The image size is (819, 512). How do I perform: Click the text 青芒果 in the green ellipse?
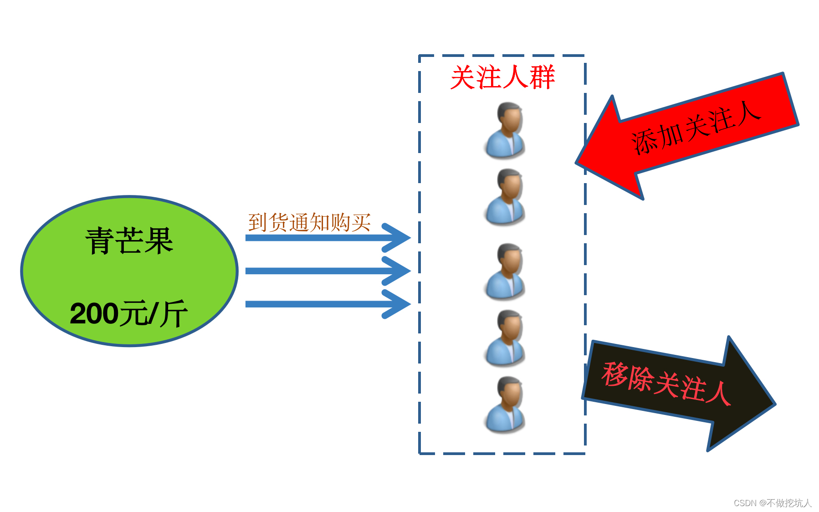[129, 241]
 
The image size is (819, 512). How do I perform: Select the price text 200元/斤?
[128, 314]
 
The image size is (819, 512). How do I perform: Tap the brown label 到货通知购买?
[310, 223]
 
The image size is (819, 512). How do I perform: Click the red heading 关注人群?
[502, 77]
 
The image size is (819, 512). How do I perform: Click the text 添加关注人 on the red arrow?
[696, 128]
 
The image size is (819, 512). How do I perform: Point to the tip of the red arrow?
[578, 163]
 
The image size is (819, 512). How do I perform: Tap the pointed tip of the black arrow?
[774, 404]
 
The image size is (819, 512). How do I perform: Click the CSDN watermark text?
[773, 503]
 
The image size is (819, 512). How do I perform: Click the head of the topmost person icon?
[509, 117]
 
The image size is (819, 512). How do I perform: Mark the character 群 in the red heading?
[543, 77]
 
